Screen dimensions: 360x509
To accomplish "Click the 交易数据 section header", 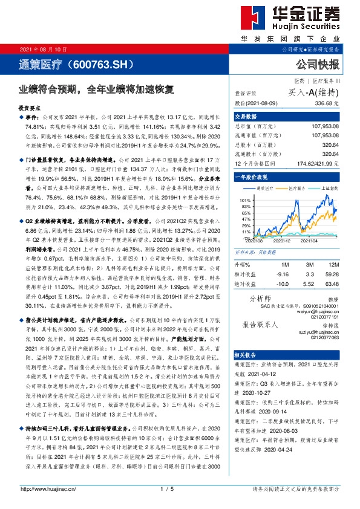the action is [246, 117].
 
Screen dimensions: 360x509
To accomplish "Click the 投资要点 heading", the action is [31, 106].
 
